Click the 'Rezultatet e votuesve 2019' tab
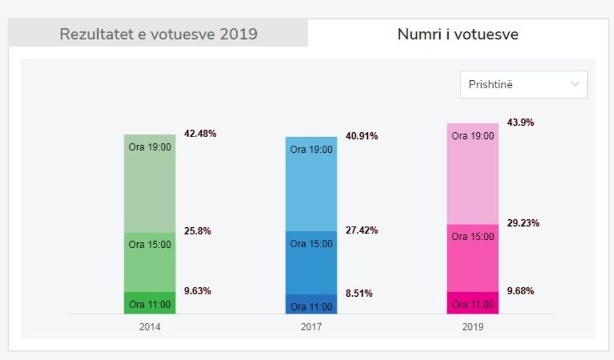(158, 34)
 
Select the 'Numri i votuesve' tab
(458, 34)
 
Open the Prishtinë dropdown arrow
(575, 85)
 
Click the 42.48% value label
(200, 133)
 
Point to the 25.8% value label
(197, 231)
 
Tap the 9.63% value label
(197, 291)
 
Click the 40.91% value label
(362, 136)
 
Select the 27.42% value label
(362, 230)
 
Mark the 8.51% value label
(359, 293)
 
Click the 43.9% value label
(521, 123)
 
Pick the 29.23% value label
(523, 223)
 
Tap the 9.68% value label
(521, 291)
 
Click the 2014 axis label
(150, 327)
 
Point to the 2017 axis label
(311, 327)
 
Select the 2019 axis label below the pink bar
(473, 327)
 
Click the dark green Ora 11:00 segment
(150, 303)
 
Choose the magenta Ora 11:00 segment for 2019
(473, 303)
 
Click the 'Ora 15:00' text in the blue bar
(311, 244)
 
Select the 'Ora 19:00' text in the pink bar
(473, 136)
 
